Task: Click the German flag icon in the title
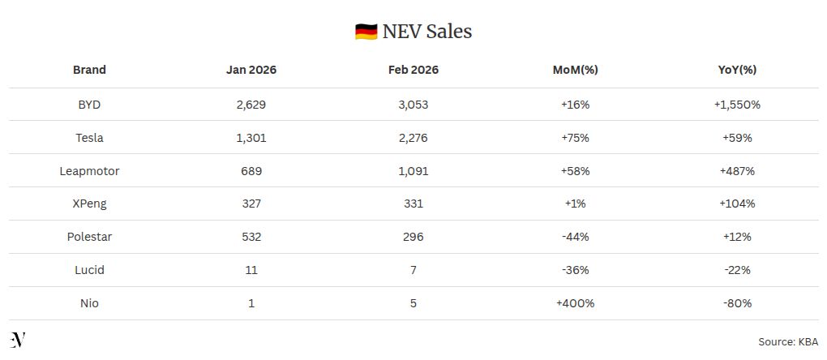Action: pyautogui.click(x=366, y=32)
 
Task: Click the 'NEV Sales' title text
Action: pyautogui.click(x=427, y=32)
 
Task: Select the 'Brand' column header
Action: pyautogui.click(x=89, y=70)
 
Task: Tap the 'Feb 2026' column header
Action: pyautogui.click(x=413, y=70)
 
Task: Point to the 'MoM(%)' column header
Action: pyautogui.click(x=575, y=70)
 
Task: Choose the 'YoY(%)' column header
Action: pyautogui.click(x=737, y=70)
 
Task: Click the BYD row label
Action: pyautogui.click(x=89, y=105)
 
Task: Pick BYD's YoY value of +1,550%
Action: pyautogui.click(x=737, y=105)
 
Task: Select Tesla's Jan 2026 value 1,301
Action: pyautogui.click(x=251, y=138)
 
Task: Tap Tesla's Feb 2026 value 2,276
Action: pyautogui.click(x=413, y=138)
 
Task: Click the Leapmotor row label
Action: pyautogui.click(x=89, y=171)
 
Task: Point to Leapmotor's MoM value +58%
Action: pyautogui.click(x=575, y=171)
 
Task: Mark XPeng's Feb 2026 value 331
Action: pyautogui.click(x=413, y=204)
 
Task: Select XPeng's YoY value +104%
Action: pyautogui.click(x=737, y=204)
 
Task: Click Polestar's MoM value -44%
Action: pyautogui.click(x=575, y=237)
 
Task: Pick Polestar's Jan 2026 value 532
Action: pyautogui.click(x=251, y=237)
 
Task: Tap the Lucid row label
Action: pyautogui.click(x=89, y=270)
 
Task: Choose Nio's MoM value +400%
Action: pyautogui.click(x=575, y=303)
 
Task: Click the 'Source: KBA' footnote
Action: pyautogui.click(x=787, y=342)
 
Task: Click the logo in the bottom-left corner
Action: pyautogui.click(x=18, y=340)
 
